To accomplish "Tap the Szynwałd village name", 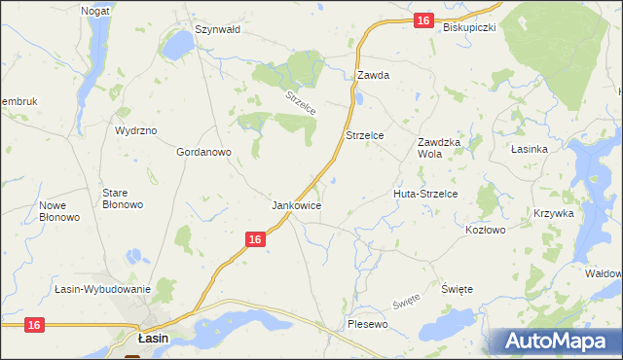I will [x=217, y=30].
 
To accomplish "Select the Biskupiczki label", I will [x=469, y=27].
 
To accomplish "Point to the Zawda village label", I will [x=373, y=75].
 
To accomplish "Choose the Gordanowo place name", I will [x=202, y=153].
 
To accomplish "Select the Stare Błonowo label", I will [x=123, y=198].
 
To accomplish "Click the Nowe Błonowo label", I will [x=58, y=211].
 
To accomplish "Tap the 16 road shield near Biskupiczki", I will [x=421, y=20].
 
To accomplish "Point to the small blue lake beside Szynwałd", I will [x=178, y=45].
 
